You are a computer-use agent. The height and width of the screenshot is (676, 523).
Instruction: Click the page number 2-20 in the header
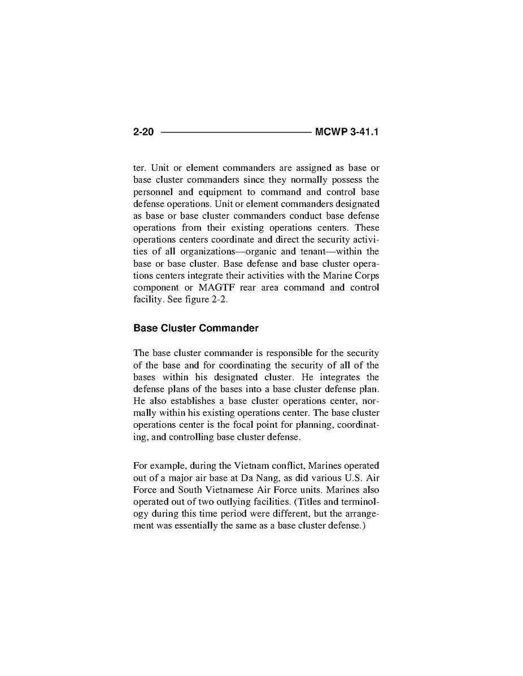(144, 133)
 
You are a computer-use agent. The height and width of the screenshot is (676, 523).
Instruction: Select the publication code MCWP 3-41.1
(347, 133)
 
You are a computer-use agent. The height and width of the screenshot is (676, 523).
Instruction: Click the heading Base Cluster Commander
(196, 328)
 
